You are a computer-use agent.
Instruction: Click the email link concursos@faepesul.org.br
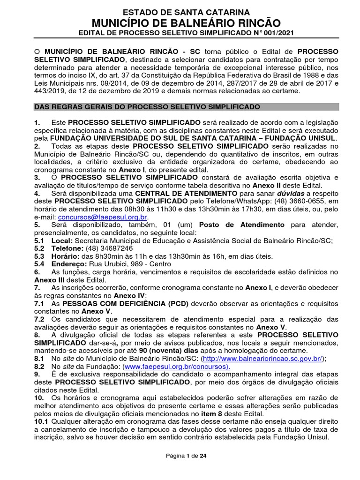click(103, 217)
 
